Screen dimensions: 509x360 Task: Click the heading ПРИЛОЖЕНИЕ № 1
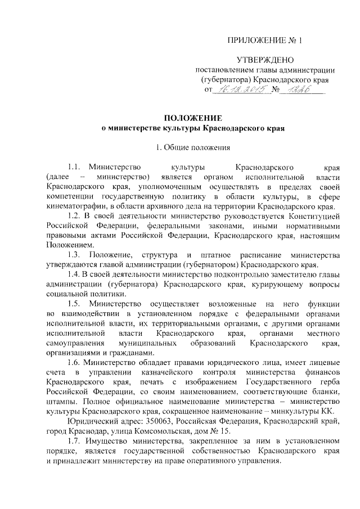(x=264, y=40)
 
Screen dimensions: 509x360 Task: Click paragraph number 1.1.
(x=74, y=168)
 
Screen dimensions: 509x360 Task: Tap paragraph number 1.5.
(x=74, y=304)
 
